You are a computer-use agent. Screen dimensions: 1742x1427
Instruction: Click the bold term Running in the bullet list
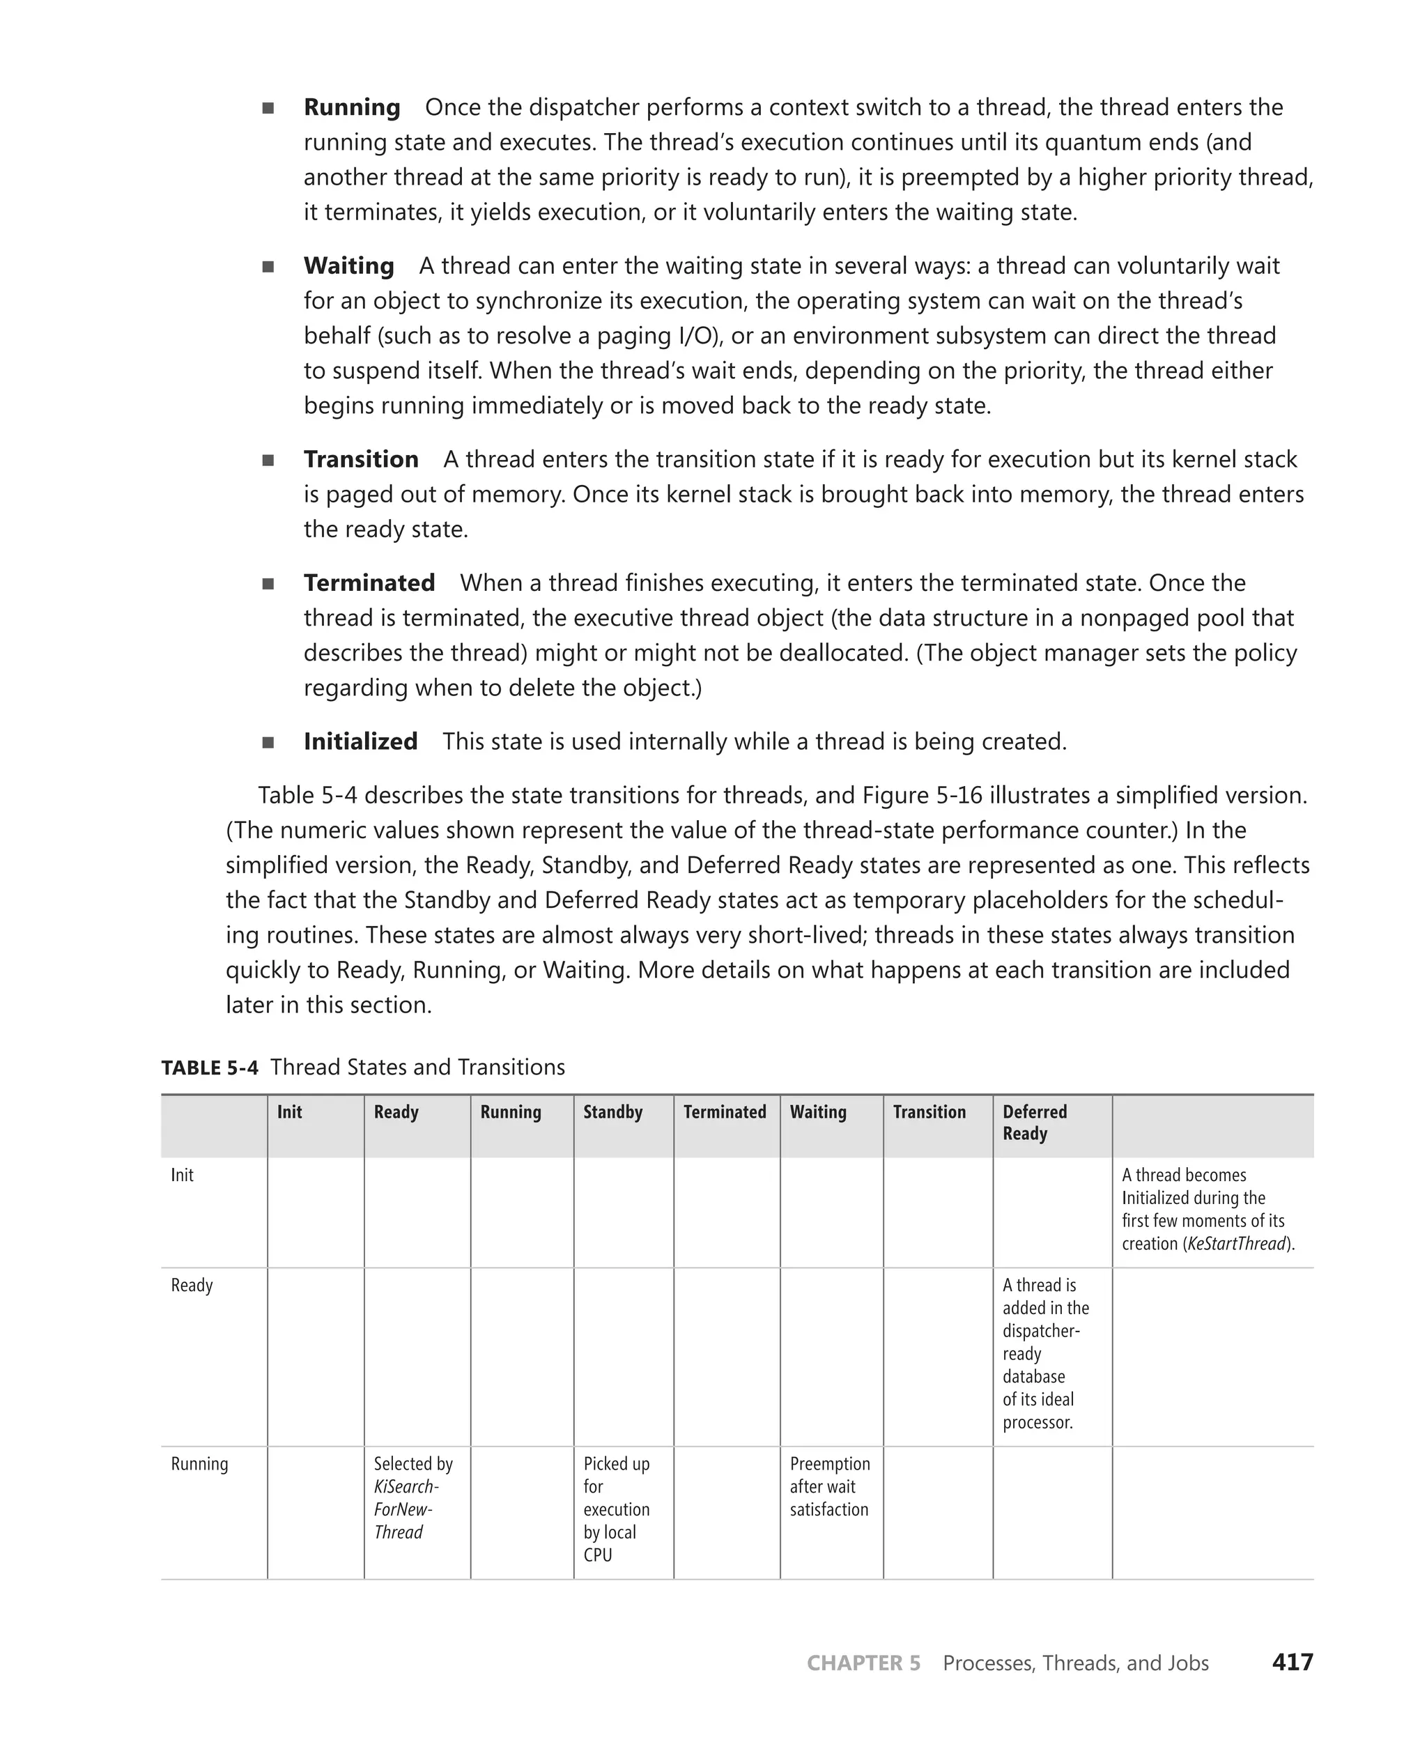pos(351,108)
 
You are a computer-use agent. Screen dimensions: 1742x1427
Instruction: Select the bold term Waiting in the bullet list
pos(348,266)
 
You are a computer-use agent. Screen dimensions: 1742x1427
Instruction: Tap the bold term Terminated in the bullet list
pos(369,583)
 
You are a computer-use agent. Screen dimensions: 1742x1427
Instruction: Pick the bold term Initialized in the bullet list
pos(360,741)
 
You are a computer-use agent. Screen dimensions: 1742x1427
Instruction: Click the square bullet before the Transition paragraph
pos(268,461)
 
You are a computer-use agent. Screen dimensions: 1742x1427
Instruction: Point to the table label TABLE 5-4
pos(210,1068)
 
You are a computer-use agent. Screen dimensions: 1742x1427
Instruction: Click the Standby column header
pos(612,1112)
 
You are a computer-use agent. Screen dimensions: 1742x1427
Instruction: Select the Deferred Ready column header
pos(1034,1123)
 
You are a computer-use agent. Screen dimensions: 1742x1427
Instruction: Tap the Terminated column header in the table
pos(724,1112)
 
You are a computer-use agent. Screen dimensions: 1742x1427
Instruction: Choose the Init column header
pos(289,1112)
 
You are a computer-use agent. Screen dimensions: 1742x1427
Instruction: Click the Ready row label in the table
pos(192,1286)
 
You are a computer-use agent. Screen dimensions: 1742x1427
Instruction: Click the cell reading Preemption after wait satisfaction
pos(829,1487)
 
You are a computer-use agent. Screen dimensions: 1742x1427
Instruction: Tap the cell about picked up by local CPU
pos(616,1509)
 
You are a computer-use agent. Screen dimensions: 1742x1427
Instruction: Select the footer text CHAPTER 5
pos(863,1663)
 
